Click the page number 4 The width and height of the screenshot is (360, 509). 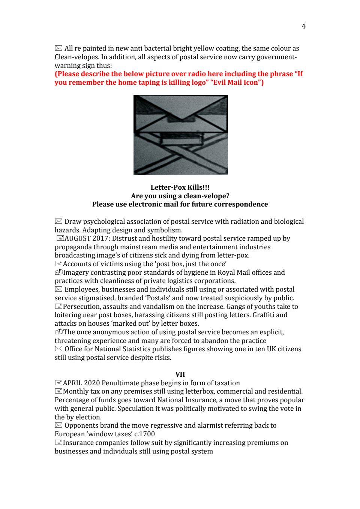tap(303, 26)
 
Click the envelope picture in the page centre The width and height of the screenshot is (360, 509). tap(180, 135)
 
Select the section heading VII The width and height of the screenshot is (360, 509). tap(180, 374)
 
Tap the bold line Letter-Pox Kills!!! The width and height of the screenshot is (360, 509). tap(180, 187)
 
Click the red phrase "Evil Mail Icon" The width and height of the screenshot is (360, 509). tap(237, 82)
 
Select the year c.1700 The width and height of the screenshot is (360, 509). tap(144, 434)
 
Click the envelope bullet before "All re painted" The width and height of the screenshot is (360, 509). tap(58, 48)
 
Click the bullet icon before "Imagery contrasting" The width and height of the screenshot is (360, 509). tap(58, 272)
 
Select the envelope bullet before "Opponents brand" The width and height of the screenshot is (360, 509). tap(58, 425)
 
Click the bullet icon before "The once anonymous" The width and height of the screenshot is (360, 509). tap(58, 332)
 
